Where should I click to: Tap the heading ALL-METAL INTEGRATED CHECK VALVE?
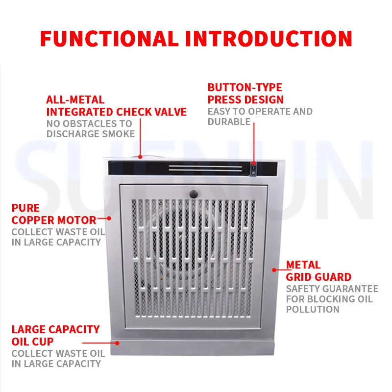(x=116, y=106)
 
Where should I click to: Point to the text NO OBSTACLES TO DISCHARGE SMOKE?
(x=90, y=129)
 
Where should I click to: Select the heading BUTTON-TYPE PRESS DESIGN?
(x=245, y=94)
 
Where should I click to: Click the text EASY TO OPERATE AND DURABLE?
(x=260, y=117)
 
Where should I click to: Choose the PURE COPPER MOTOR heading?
(x=54, y=215)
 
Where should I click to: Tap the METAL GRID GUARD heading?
(x=318, y=271)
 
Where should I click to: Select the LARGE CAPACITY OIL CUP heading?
(x=55, y=335)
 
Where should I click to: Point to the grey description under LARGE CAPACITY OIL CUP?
(x=58, y=358)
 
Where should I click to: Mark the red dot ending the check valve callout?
(x=141, y=157)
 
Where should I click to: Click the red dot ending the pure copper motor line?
(x=109, y=219)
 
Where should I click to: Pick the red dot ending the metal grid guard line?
(x=274, y=269)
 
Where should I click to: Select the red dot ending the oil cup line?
(x=117, y=343)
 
